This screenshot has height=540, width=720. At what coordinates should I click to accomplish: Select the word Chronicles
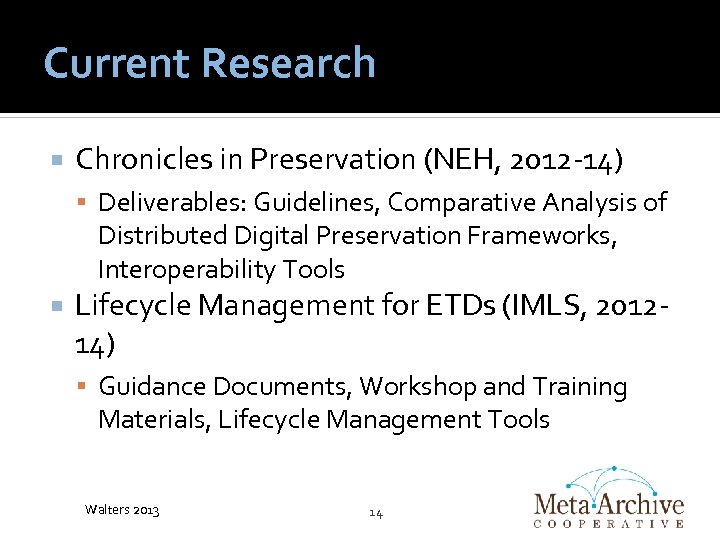coord(160,159)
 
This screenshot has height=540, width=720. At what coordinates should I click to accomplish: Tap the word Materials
coord(154,420)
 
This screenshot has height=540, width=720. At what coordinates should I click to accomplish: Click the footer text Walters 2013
coord(123,511)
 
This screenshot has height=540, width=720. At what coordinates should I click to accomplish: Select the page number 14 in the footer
coord(376,512)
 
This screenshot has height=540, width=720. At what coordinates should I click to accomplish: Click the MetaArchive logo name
coord(608,504)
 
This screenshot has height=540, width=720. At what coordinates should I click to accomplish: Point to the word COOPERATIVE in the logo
coord(608,523)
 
